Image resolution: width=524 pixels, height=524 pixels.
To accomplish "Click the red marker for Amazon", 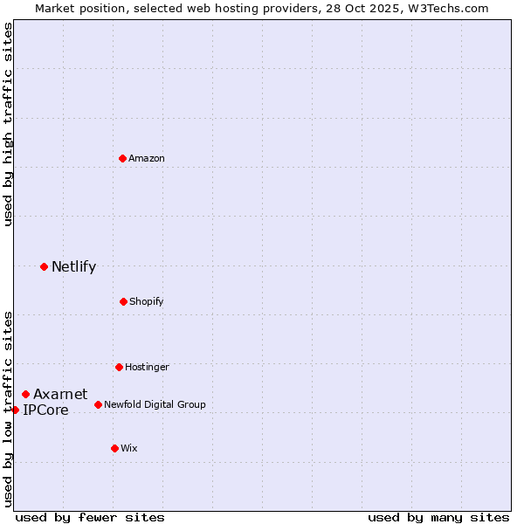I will point(122,158).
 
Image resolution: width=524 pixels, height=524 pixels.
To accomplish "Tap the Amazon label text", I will point(147,159).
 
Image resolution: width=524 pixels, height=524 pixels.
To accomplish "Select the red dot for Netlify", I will point(44,266).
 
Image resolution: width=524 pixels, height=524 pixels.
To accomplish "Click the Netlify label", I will point(73,267).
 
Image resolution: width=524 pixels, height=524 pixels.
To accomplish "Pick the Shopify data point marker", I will point(123,301).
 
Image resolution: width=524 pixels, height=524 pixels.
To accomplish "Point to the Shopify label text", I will point(146,302).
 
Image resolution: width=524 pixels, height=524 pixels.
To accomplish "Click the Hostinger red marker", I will point(119,367).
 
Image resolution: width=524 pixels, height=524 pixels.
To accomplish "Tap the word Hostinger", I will point(147,368).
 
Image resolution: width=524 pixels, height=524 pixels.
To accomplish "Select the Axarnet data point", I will point(25,394).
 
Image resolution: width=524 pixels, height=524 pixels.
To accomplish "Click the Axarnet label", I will point(60,395).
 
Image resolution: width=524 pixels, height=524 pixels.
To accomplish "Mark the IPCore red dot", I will point(15,410).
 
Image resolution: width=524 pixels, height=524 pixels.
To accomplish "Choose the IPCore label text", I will point(45,410).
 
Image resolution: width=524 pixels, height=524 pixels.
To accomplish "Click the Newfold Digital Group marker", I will point(98,404).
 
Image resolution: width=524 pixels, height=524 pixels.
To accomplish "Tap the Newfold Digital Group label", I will point(155,405).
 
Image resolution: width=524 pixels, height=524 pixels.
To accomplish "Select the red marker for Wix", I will point(114,448).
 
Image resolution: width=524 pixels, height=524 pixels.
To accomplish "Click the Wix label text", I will point(129,449).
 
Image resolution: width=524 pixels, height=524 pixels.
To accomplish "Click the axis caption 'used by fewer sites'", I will point(90,518).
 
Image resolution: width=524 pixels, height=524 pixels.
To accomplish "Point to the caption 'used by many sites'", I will point(438,518).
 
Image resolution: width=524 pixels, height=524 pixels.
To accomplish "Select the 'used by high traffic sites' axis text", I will point(8,124).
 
